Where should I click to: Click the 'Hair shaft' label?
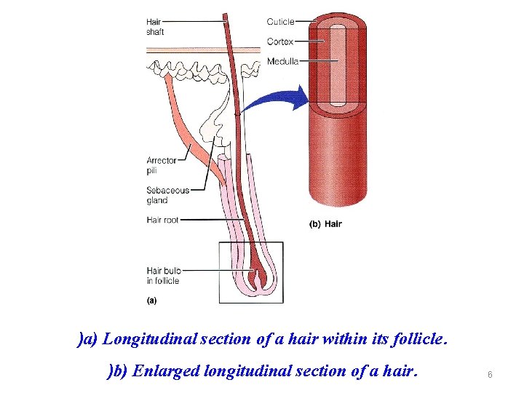(155, 27)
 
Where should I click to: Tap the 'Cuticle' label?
(280, 22)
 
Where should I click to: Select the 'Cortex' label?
(280, 41)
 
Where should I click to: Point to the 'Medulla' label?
(282, 61)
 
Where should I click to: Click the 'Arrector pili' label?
(161, 165)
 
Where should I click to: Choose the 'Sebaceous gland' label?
(167, 195)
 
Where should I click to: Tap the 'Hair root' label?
(162, 220)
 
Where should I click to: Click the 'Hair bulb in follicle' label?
(163, 276)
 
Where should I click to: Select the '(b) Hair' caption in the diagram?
(325, 224)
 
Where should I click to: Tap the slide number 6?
(490, 374)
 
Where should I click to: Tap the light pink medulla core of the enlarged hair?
(337, 65)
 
